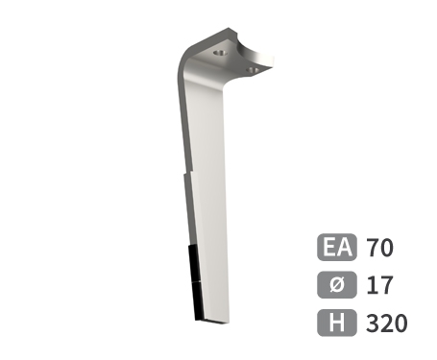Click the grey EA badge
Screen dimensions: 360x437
click(335, 247)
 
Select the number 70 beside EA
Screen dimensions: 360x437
click(380, 247)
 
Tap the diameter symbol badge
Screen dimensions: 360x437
click(335, 284)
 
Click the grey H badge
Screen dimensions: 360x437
click(335, 323)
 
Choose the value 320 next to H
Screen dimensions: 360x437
click(387, 323)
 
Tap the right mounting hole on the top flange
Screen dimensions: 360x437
click(253, 69)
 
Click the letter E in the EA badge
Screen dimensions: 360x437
click(328, 247)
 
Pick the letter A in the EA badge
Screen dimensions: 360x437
click(343, 247)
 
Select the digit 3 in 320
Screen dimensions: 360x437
click(373, 323)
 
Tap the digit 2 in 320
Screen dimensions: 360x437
click(387, 323)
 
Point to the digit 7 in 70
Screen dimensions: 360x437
click(373, 247)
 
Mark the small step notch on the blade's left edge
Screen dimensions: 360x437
click(184, 178)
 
